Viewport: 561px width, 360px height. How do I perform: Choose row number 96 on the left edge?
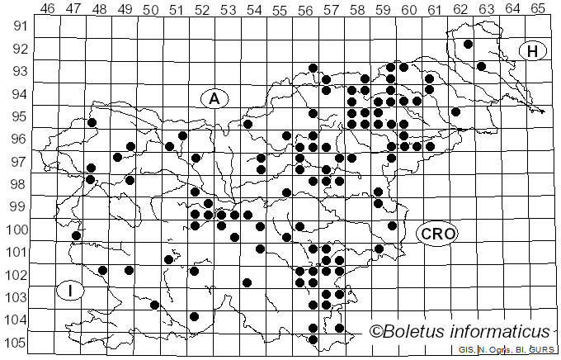click(x=19, y=139)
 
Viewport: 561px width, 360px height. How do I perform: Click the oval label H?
click(x=533, y=51)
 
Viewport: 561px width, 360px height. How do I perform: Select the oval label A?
click(x=214, y=98)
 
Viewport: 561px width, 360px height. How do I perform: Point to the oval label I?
click(x=72, y=291)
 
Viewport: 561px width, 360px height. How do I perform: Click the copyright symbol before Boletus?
click(x=377, y=332)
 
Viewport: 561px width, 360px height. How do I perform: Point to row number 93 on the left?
click(x=19, y=71)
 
